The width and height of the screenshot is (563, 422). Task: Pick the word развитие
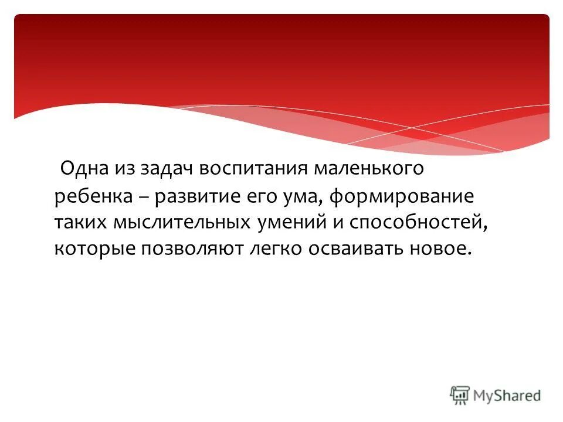[197, 197]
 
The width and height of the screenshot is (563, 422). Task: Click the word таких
[80, 223]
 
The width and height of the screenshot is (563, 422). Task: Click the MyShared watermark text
[507, 396]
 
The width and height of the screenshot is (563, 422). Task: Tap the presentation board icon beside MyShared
[460, 395]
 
